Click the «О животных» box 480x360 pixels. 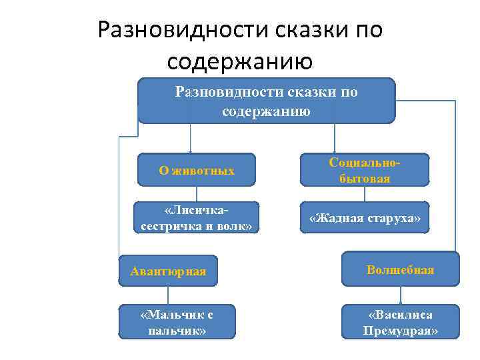[x=197, y=171]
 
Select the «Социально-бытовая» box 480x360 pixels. [x=364, y=171]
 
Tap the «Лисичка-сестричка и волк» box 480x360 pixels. [x=197, y=218]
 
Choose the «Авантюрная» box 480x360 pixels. [x=168, y=271]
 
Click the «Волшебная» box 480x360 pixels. [x=400, y=269]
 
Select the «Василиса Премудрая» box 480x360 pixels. [x=400, y=321]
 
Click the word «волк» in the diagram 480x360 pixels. [x=238, y=226]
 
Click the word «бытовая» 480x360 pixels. [x=364, y=179]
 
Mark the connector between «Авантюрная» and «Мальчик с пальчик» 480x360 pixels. [x=168, y=295]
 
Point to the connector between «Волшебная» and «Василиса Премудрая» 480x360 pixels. [x=400, y=295]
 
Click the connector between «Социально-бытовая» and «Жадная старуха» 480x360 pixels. [x=364, y=193]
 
